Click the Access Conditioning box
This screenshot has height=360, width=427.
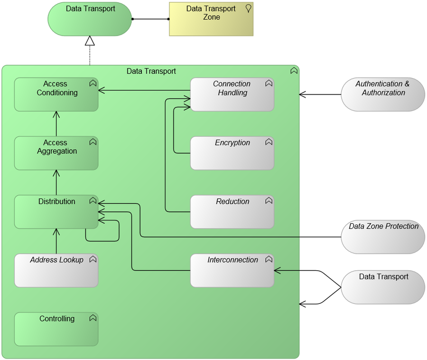(56, 95)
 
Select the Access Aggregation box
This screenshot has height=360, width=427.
(56, 153)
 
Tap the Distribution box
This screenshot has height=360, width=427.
(56, 212)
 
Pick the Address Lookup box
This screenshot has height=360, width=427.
(56, 271)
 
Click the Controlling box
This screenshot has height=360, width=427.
(56, 329)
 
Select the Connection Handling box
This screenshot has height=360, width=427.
(232, 95)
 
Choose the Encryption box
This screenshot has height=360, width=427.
(232, 153)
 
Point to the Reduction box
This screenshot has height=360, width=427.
(232, 212)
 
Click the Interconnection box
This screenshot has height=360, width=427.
(232, 271)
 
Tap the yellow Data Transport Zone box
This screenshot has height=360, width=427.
(211, 19)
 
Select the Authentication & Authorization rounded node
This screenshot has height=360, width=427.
(383, 95)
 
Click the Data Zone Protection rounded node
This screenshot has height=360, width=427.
(383, 237)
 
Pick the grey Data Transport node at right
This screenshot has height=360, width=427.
(383, 287)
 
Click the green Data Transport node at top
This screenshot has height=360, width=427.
(90, 19)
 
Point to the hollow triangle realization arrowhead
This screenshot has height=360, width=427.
(90, 41)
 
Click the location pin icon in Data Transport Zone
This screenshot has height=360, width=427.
(248, 8)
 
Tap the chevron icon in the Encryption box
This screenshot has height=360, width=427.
(269, 142)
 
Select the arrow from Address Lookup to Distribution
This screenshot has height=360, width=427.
(56, 241)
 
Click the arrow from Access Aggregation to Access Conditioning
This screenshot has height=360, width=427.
(56, 124)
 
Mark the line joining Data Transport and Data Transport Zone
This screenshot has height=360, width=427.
(150, 19)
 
